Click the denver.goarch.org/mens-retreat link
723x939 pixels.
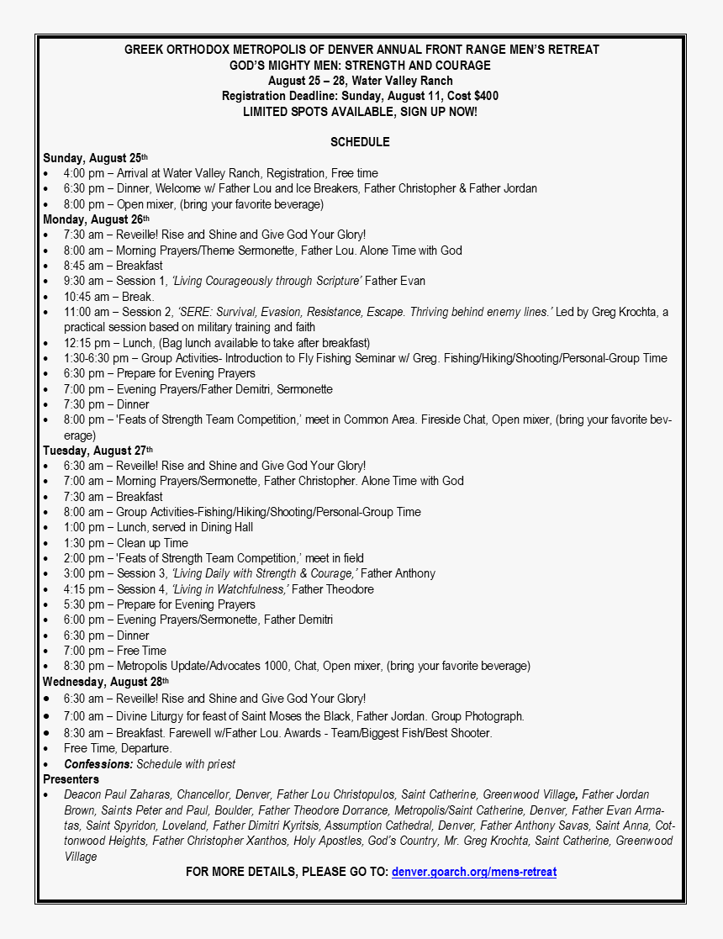(473, 872)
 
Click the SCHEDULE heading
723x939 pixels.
(360, 142)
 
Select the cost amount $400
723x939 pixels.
(486, 96)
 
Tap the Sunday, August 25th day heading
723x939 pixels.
(95, 158)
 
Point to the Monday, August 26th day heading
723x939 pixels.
(95, 219)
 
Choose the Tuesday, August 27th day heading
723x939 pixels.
(98, 451)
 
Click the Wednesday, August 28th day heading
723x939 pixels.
(106, 682)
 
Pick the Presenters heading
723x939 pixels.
(71, 779)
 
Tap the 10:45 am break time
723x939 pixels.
(83, 297)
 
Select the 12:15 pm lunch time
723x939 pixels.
(83, 343)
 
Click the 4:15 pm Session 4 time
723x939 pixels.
(83, 589)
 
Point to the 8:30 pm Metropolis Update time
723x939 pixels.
(83, 666)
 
